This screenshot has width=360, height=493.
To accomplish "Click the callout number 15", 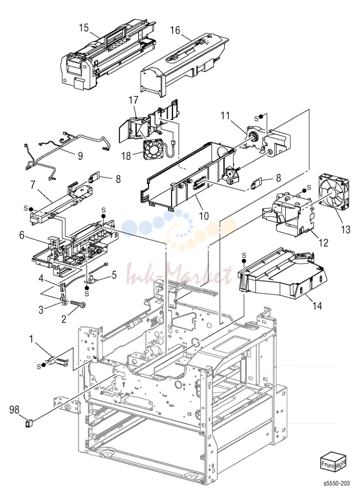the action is [84, 28].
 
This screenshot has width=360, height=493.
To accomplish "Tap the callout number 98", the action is [14, 409].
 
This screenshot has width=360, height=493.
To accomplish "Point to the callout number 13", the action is [345, 230].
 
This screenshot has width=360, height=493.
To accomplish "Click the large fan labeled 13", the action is [334, 192].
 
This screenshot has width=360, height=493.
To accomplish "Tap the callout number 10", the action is [204, 216].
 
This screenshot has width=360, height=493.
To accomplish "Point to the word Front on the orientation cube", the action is [327, 465].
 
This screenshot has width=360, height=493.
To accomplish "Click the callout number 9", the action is [80, 156].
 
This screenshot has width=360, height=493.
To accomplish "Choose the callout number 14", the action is [317, 305].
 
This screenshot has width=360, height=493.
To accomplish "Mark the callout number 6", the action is [22, 235].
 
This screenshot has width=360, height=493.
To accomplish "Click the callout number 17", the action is [134, 100].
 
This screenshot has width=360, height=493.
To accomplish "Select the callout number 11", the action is [225, 115].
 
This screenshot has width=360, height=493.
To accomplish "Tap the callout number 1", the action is [31, 339].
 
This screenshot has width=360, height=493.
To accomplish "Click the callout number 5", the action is [114, 275].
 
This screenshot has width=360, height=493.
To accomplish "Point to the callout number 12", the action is [323, 243].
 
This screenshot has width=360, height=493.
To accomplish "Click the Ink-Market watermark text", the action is [179, 274].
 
